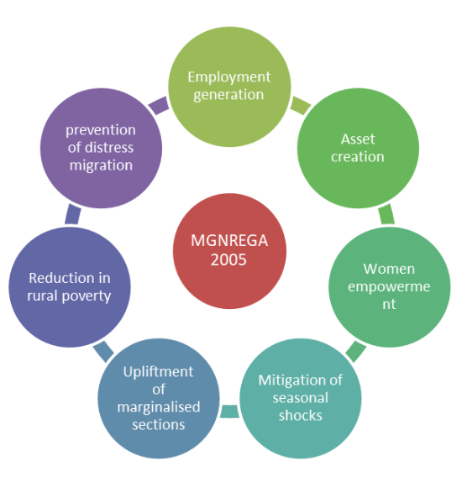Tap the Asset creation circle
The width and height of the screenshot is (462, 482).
(x=358, y=148)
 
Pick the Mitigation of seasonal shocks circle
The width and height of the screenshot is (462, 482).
(x=301, y=397)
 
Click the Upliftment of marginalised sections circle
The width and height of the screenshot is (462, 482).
(x=159, y=397)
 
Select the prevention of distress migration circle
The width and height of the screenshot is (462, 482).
(x=101, y=148)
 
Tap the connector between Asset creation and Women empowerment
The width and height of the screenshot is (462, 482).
(x=386, y=214)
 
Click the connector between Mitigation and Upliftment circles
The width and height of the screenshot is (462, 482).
(x=229, y=411)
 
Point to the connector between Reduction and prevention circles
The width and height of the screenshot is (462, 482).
(x=73, y=214)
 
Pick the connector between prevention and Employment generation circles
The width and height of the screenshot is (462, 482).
(x=157, y=107)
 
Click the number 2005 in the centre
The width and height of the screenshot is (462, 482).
(x=229, y=259)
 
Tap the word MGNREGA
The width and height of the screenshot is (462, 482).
(x=229, y=242)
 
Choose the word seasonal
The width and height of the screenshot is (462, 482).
(x=301, y=397)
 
